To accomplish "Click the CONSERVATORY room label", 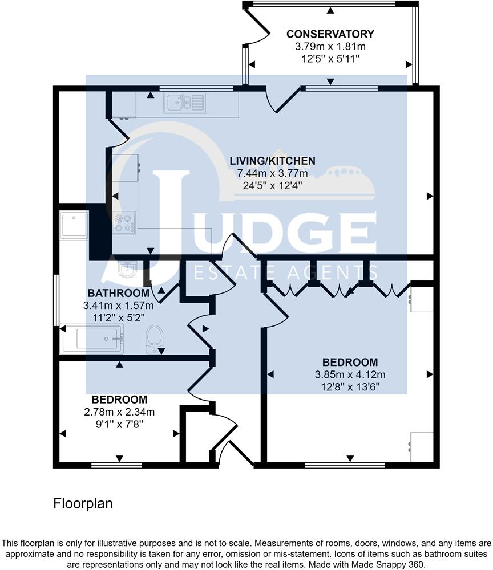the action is (x=330, y=34).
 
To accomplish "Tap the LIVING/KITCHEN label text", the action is (x=272, y=161).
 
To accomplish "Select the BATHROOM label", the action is (x=119, y=293).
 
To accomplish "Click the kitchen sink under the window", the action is (x=185, y=103).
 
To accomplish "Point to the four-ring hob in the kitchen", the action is (x=124, y=223).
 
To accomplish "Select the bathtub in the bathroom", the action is (x=92, y=339).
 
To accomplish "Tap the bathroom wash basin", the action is (x=127, y=268).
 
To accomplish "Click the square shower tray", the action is (x=74, y=225).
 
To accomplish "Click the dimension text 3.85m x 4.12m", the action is (x=350, y=374).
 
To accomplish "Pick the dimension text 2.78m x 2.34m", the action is (x=119, y=412).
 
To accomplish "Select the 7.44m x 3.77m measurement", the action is (x=273, y=173).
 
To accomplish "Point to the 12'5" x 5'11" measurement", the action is (x=330, y=59).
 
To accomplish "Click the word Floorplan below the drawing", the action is (x=83, y=503).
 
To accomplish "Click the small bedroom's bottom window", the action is (x=116, y=465).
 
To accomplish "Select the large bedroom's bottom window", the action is (x=345, y=465).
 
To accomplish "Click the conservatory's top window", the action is (x=324, y=3).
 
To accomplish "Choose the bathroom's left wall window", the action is (x=56, y=300).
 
